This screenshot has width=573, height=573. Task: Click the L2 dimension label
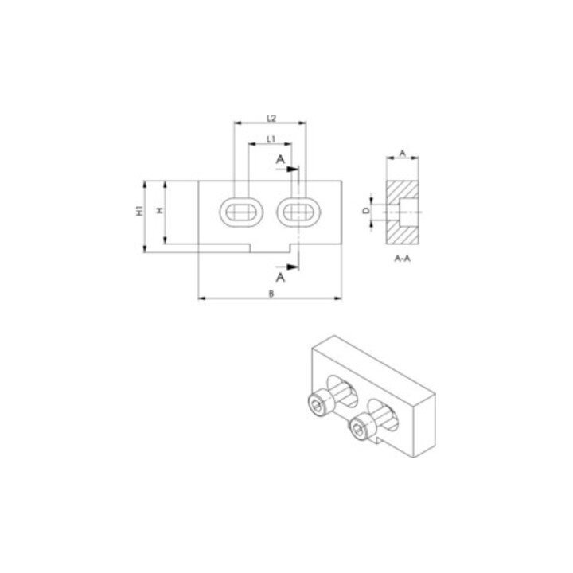(271, 118)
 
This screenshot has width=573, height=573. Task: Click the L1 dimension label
(271, 138)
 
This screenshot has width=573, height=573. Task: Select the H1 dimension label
(139, 211)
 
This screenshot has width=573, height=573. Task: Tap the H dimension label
(159, 210)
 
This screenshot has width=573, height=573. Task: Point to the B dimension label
(271, 294)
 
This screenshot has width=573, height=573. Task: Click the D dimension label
(366, 211)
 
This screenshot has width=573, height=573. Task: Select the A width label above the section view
(403, 153)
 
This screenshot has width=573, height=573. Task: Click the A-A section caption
(403, 259)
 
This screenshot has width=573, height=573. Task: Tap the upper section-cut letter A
(280, 159)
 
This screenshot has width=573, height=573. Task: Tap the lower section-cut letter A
(280, 278)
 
